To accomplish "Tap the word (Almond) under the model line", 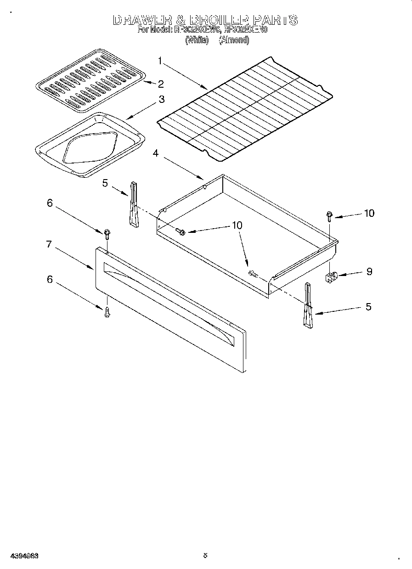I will click(x=234, y=40).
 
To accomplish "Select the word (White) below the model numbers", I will click(x=197, y=40).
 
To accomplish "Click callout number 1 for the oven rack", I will click(x=160, y=60).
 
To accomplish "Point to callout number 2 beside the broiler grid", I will click(x=161, y=84).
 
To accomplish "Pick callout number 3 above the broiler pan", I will click(x=162, y=99).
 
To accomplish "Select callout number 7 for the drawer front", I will click(x=48, y=244).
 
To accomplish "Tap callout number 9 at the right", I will click(x=369, y=271).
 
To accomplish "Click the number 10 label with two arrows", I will click(x=237, y=225).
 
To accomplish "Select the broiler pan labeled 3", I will click(x=90, y=145).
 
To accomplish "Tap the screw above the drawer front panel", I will click(x=107, y=234).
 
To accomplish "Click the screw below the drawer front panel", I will click(x=107, y=313).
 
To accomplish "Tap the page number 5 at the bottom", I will click(x=205, y=555).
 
